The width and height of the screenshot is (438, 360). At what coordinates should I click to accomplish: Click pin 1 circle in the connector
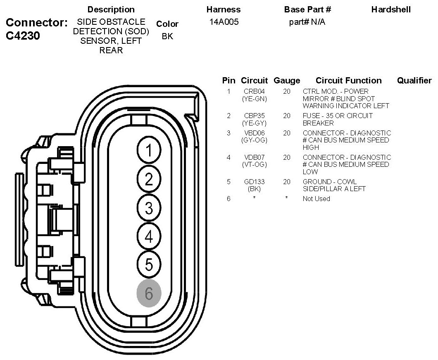coord(149,151)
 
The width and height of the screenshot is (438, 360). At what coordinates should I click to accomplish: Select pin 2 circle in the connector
coord(149,179)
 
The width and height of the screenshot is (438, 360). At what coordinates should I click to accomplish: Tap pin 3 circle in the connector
coord(149,208)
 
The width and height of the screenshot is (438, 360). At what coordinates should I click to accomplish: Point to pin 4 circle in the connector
coord(149,236)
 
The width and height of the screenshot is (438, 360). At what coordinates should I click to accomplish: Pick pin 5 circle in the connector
coord(149,264)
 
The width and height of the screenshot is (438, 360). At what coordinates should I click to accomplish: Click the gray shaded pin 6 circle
coord(149,294)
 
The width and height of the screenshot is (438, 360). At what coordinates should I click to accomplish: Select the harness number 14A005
coord(223,22)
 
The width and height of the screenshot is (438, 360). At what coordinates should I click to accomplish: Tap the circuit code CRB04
coord(255,91)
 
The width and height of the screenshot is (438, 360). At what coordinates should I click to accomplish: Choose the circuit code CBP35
coord(255,116)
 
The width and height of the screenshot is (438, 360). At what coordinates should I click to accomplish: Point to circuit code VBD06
coord(255,133)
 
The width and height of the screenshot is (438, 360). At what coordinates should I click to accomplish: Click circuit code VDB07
coord(255,157)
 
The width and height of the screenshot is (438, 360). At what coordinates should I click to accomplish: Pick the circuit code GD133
coord(255,182)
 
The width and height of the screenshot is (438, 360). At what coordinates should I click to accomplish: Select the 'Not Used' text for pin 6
coord(317,199)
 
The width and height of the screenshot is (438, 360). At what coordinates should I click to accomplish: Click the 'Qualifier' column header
coord(414,81)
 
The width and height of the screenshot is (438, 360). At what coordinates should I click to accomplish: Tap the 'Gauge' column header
coord(287,81)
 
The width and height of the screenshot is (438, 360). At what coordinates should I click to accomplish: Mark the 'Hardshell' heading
coord(391,9)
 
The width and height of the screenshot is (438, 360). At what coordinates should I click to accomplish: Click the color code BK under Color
coord(167,36)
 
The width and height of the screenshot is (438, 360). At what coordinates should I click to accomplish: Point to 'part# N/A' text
coord(307,22)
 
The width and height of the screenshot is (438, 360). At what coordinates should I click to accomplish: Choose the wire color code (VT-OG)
coord(255,164)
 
